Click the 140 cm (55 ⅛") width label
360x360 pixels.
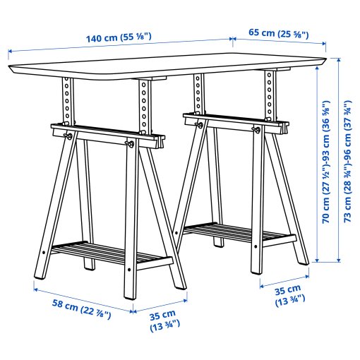[118, 37]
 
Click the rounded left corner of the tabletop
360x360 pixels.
[13, 68]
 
